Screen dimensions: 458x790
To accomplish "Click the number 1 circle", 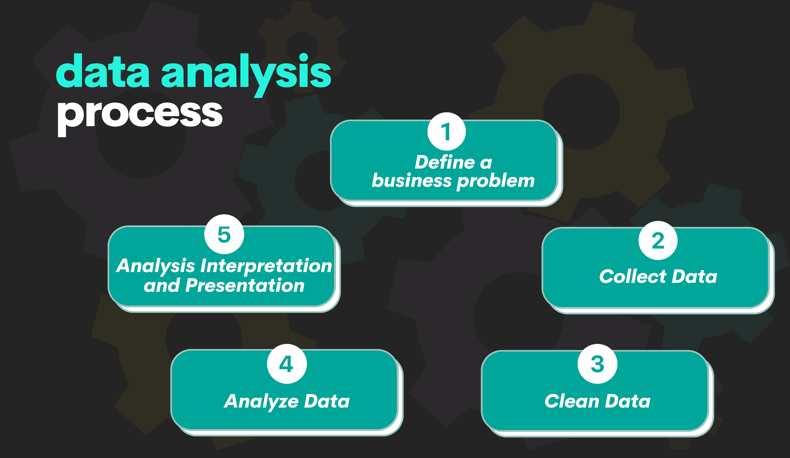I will [446, 131].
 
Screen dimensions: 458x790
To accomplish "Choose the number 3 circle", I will [598, 364].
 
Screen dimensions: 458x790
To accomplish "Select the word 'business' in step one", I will [412, 181].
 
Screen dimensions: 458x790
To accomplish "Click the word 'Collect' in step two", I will [633, 276].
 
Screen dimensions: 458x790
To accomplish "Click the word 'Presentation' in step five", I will [245, 285].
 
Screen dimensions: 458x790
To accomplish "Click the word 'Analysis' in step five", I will [155, 266].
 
